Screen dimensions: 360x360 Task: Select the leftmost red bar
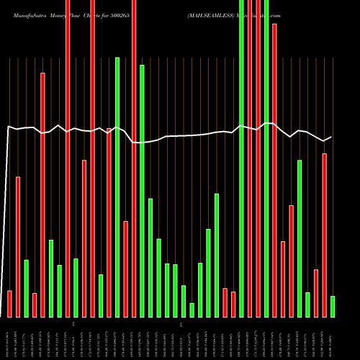[9, 303]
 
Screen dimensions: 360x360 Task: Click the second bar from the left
[18, 247]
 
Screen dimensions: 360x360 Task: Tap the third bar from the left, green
[26, 288]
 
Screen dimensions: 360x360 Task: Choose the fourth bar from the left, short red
[35, 305]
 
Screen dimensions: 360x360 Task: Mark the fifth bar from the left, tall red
[42, 194]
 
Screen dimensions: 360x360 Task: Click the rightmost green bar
[333, 306]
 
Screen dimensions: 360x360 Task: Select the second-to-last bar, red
[324, 235]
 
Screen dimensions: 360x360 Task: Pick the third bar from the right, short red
[316, 293]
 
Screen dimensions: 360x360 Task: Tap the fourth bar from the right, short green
[307, 305]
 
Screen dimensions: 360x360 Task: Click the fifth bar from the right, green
[300, 238]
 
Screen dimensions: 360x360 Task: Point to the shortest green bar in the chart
[192, 310]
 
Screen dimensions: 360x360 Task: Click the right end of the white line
[331, 137]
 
